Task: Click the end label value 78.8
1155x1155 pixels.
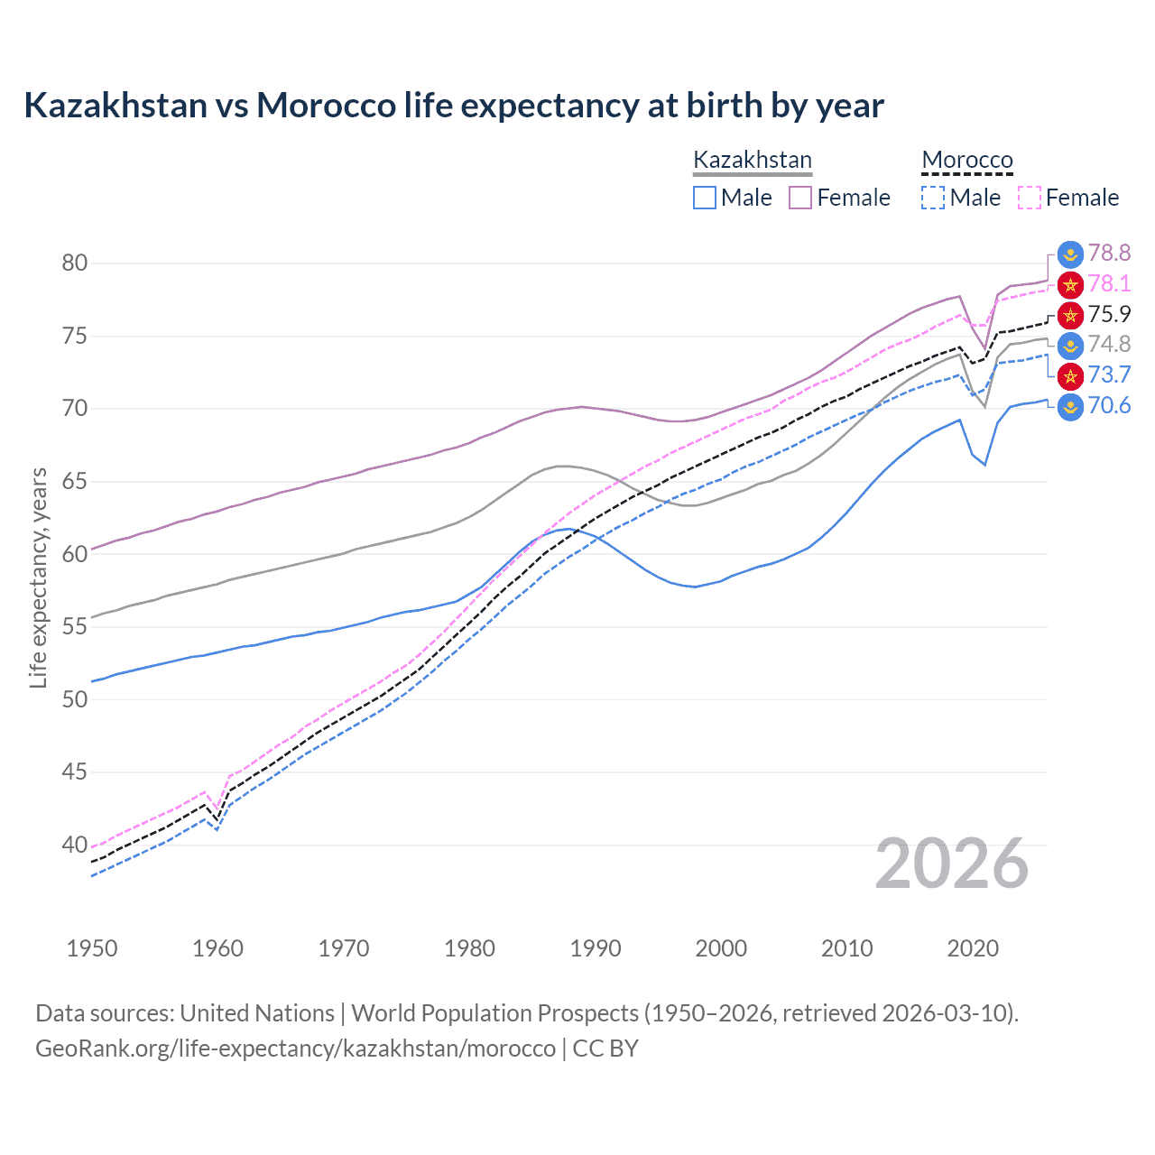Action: click(x=1108, y=254)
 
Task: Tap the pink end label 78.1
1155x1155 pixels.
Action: click(x=1108, y=284)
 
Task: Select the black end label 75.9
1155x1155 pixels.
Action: click(x=1108, y=314)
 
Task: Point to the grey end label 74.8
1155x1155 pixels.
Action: click(x=1108, y=345)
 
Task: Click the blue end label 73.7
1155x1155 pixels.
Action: click(x=1108, y=375)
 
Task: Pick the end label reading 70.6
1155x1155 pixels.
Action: click(x=1108, y=406)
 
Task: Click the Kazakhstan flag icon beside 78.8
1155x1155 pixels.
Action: click(x=1070, y=254)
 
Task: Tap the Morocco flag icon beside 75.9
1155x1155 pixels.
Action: click(x=1070, y=315)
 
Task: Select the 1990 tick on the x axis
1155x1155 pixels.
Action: click(x=596, y=948)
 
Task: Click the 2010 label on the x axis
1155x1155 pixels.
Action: click(x=846, y=948)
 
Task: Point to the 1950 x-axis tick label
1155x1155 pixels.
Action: click(x=92, y=948)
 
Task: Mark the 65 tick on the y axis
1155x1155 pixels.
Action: click(x=74, y=482)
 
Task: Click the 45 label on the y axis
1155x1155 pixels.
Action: click(x=74, y=772)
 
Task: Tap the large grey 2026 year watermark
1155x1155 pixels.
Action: click(x=952, y=864)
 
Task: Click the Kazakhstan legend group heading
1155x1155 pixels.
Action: click(x=752, y=161)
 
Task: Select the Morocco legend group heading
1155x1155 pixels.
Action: click(x=967, y=161)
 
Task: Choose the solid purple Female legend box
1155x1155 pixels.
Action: click(x=800, y=198)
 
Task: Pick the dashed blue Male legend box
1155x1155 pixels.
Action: click(x=933, y=198)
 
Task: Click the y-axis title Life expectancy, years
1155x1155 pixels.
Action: click(x=39, y=577)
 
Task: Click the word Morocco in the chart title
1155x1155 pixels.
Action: click(x=326, y=106)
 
